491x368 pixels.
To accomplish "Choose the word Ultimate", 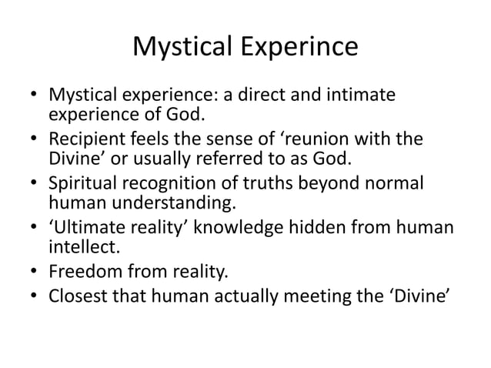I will [x=88, y=232].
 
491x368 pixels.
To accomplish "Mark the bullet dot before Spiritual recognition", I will [x=33, y=188].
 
